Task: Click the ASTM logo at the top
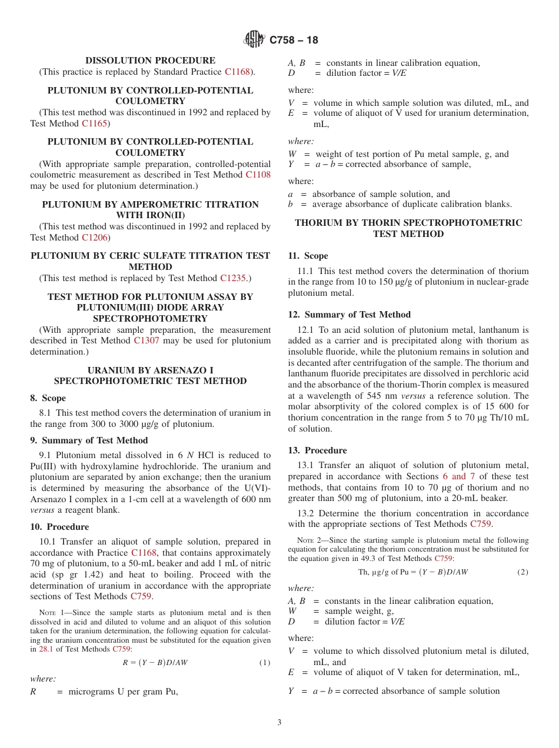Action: pyautogui.click(x=254, y=39)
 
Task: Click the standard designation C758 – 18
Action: pyautogui.click(x=294, y=40)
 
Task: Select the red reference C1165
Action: pyautogui.click(x=94, y=123)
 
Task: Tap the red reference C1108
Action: pyautogui.click(x=258, y=175)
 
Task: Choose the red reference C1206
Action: pyautogui.click(x=94, y=238)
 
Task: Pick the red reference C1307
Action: pyautogui.click(x=146, y=340)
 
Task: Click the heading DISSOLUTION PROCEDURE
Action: pyautogui.click(x=150, y=61)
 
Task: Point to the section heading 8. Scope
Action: pyautogui.click(x=48, y=398)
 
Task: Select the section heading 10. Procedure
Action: pyautogui.click(x=59, y=527)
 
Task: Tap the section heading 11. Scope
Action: pyautogui.click(x=308, y=256)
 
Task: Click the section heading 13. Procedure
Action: pyautogui.click(x=317, y=450)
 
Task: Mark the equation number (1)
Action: pyautogui.click(x=265, y=663)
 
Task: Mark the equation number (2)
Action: pyautogui.click(x=523, y=572)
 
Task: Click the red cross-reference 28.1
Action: pyautogui.click(x=46, y=649)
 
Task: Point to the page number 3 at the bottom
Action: pyautogui.click(x=279, y=723)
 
